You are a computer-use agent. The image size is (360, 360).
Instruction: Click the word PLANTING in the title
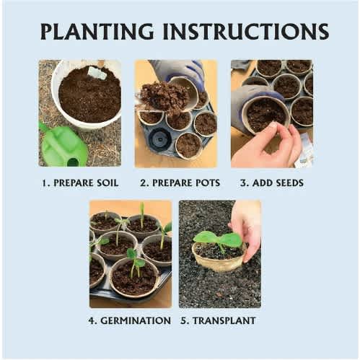pos(97,32)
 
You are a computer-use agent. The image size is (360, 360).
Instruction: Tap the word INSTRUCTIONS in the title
pos(246,32)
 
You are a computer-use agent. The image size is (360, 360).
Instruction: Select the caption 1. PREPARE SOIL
pos(80,183)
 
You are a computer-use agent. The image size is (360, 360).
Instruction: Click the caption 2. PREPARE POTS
pos(180,183)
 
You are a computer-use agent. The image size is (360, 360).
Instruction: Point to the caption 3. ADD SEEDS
pos(272,183)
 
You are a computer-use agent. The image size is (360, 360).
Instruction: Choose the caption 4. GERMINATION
pos(130,320)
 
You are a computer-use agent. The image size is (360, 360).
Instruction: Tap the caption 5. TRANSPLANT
pos(218,320)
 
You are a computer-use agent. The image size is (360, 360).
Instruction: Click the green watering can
pos(63,146)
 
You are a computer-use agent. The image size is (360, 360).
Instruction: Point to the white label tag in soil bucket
pos(97,73)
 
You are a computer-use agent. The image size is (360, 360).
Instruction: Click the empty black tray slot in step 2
pos(159,139)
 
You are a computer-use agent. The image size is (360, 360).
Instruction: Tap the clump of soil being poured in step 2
pos(164,97)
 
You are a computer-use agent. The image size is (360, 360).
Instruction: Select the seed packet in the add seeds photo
pos(304,150)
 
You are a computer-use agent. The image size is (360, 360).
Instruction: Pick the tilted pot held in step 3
pos(265,115)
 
